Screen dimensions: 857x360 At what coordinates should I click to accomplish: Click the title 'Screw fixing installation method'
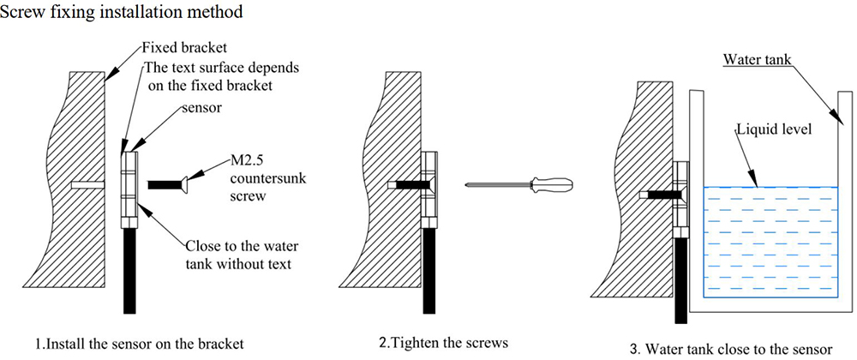click(122, 12)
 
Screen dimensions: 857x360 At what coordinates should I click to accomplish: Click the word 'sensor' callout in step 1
click(203, 108)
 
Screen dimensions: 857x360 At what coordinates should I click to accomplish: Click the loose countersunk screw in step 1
click(169, 185)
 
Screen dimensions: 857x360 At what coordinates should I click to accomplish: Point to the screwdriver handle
click(551, 184)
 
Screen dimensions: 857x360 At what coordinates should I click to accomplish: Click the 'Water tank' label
click(757, 58)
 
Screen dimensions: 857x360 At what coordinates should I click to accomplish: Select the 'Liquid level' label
click(770, 130)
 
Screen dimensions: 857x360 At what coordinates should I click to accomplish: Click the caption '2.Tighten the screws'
click(443, 343)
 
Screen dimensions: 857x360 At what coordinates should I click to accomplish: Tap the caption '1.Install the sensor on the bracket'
click(140, 345)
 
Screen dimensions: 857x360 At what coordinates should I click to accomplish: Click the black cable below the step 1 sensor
click(129, 271)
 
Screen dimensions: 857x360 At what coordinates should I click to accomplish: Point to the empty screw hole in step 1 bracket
click(87, 185)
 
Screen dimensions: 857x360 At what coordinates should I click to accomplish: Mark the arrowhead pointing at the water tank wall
click(836, 117)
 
